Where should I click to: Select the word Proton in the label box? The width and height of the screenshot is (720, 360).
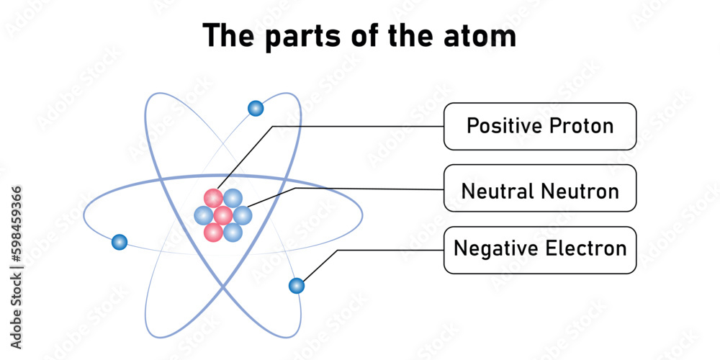tap(581, 126)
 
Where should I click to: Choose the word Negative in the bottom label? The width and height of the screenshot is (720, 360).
tap(495, 249)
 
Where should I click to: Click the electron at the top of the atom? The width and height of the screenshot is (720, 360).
tap(256, 109)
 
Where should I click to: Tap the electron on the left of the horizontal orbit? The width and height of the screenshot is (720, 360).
tap(120, 242)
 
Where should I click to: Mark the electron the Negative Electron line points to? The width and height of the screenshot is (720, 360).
tap(296, 286)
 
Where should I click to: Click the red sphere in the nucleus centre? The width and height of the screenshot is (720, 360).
tap(223, 215)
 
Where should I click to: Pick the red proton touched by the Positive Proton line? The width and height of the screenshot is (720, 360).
tap(213, 198)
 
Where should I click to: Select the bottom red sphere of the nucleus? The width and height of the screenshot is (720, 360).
tap(213, 232)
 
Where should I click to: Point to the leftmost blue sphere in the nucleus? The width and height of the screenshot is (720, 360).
tap(204, 215)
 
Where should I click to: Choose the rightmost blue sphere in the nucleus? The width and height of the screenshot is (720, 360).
tap(243, 215)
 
